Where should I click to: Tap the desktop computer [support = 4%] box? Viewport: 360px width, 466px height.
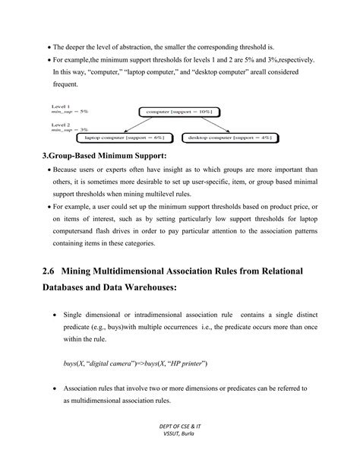pos(229,138)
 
